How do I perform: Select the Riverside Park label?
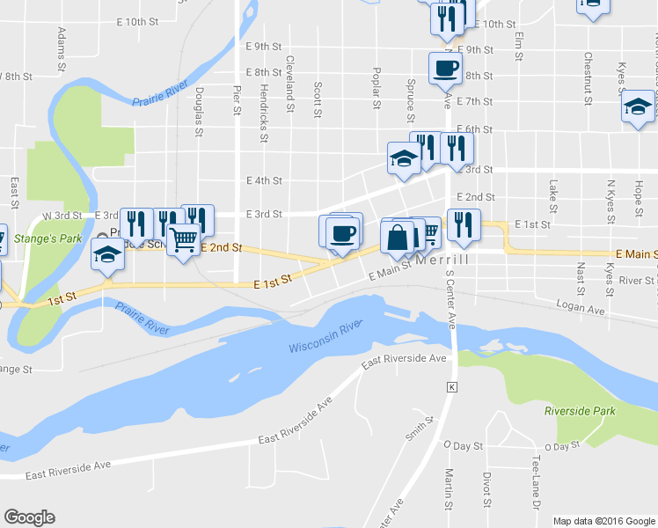coord(580,411)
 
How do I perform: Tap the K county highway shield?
coord(453,387)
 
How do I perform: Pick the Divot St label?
coord(486,490)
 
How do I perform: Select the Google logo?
coord(29,517)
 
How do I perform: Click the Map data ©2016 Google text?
coord(604,521)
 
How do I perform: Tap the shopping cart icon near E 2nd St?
coord(183,238)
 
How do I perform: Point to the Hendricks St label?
coord(263,112)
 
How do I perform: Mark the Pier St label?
coord(236,99)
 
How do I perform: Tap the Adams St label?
coord(62,48)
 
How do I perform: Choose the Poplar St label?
coord(377,88)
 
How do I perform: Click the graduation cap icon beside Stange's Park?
coord(108,256)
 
